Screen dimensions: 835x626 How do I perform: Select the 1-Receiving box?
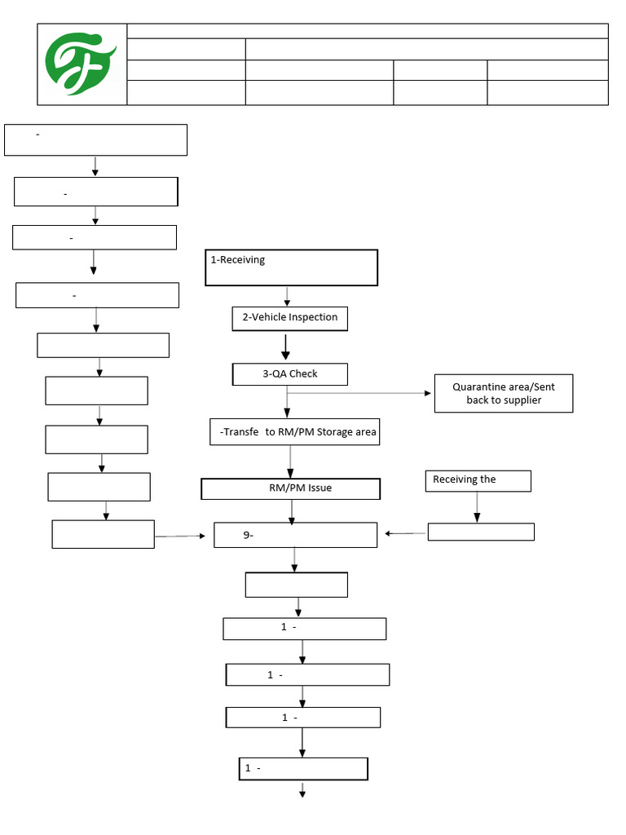pyautogui.click(x=291, y=267)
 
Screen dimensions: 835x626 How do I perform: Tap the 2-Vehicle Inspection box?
pyautogui.click(x=289, y=318)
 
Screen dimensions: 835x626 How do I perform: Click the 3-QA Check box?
pyautogui.click(x=289, y=374)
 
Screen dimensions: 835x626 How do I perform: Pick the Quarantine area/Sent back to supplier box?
pyautogui.click(x=503, y=394)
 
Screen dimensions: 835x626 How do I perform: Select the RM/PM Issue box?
pyautogui.click(x=290, y=488)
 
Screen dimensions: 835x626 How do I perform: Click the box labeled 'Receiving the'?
pyautogui.click(x=478, y=481)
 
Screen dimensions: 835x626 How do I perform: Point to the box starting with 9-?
pyautogui.click(x=295, y=535)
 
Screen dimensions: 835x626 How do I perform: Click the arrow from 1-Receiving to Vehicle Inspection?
pyautogui.click(x=286, y=296)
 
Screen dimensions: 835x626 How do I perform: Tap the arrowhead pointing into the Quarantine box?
pyautogui.click(x=428, y=393)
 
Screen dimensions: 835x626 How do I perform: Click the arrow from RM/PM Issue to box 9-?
pyautogui.click(x=292, y=511)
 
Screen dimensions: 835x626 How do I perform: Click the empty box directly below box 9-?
pyautogui.click(x=296, y=585)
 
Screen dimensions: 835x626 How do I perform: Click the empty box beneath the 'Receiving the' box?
pyautogui.click(x=481, y=532)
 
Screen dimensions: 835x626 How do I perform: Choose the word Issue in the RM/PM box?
pyautogui.click(x=320, y=488)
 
